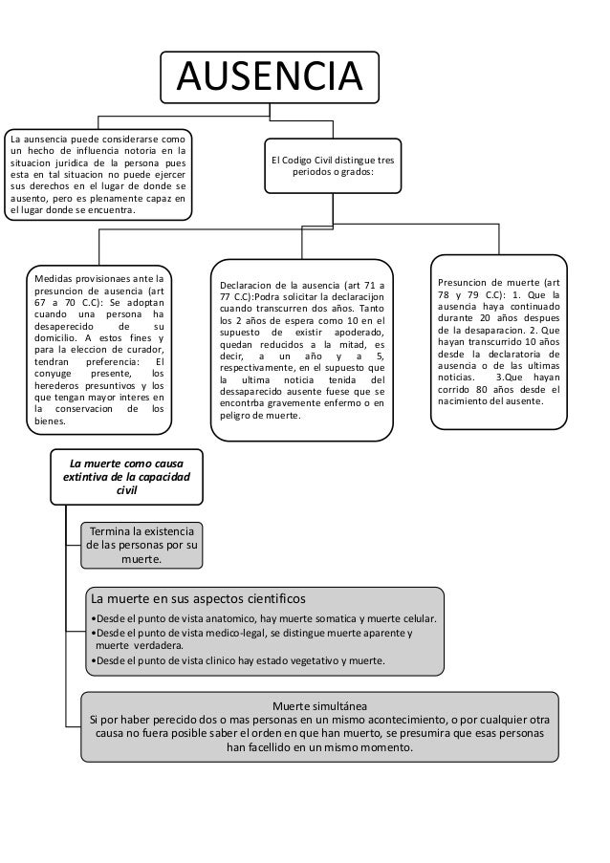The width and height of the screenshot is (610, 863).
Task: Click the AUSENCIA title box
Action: pos(269,74)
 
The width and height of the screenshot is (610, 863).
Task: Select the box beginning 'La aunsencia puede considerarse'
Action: pos(97,175)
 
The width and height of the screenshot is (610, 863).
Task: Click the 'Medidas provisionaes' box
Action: pos(98,346)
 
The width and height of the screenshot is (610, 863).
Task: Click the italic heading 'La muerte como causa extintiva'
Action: pos(126,475)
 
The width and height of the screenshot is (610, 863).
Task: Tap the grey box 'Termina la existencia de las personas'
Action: pos(140,545)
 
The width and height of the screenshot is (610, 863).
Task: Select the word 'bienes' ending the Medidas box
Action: pos(51,421)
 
